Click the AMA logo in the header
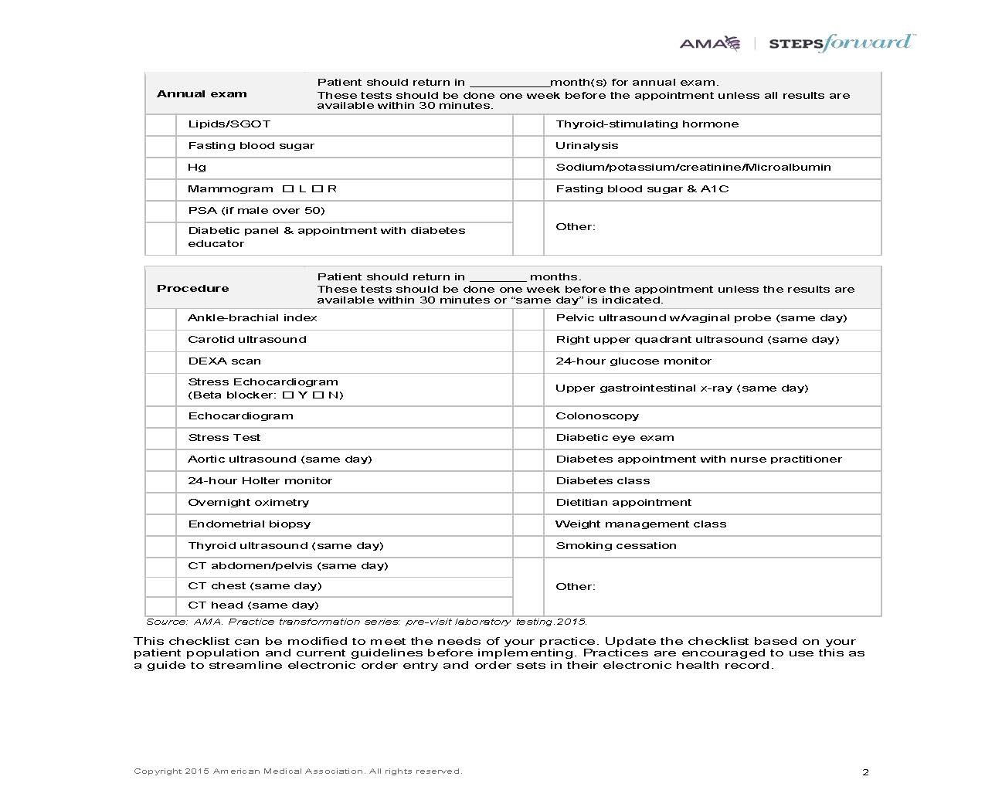point(709,43)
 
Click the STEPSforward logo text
point(841,42)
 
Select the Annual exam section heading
point(202,94)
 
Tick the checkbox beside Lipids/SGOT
point(161,124)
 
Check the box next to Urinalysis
point(528,146)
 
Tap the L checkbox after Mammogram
point(287,189)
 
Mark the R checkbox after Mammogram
point(317,189)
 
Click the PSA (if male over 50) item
point(256,211)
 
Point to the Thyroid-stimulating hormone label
point(647,124)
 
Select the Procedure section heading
point(192,289)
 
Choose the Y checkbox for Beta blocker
point(287,395)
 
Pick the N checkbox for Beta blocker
point(317,395)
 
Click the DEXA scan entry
point(224,361)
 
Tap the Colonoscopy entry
point(597,416)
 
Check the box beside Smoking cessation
point(528,546)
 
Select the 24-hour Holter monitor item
point(260,481)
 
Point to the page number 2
point(865,772)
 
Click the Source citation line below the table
point(366,622)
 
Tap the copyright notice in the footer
point(297,771)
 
